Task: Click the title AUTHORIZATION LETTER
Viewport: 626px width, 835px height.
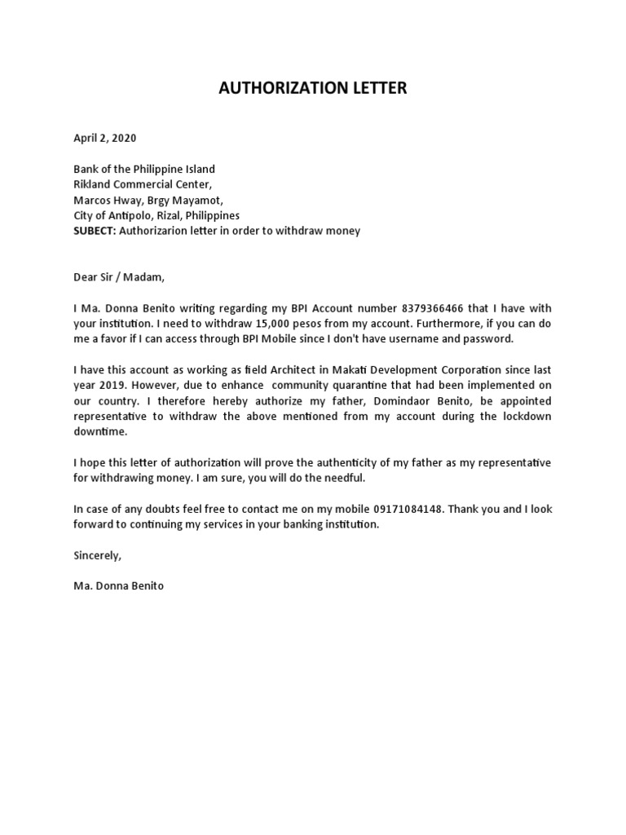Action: coord(312,88)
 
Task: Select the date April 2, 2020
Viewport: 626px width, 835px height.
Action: coord(99,139)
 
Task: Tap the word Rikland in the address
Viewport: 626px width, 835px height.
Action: coord(94,184)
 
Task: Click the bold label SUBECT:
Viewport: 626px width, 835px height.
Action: coord(95,231)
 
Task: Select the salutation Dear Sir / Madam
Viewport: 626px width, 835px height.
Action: coord(119,277)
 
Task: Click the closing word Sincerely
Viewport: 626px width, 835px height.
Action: coord(97,555)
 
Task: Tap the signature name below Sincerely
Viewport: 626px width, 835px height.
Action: coord(118,586)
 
